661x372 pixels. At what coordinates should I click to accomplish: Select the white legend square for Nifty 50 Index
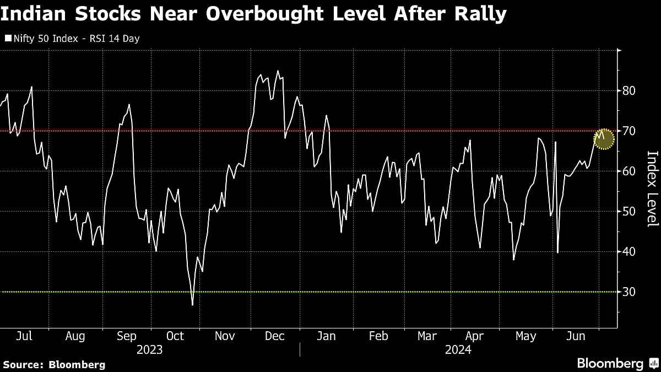click(x=7, y=39)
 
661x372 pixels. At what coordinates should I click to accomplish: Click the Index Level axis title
click(x=652, y=188)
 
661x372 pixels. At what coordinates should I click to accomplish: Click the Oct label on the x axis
click(x=175, y=336)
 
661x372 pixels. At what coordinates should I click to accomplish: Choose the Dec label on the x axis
click(x=275, y=336)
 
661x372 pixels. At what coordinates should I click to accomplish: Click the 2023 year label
click(x=149, y=349)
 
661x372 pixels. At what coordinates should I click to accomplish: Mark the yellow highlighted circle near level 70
click(x=604, y=138)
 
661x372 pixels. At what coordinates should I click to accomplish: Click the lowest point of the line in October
click(x=192, y=304)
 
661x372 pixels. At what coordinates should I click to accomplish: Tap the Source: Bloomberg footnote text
click(x=53, y=364)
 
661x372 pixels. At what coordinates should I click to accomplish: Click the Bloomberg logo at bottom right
click(x=616, y=363)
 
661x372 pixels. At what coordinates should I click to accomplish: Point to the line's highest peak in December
click(x=278, y=71)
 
